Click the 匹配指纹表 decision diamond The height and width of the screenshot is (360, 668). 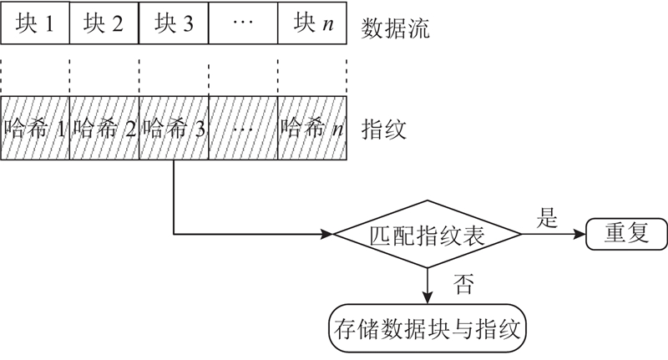(427, 234)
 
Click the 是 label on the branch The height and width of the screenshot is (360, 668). (549, 220)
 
